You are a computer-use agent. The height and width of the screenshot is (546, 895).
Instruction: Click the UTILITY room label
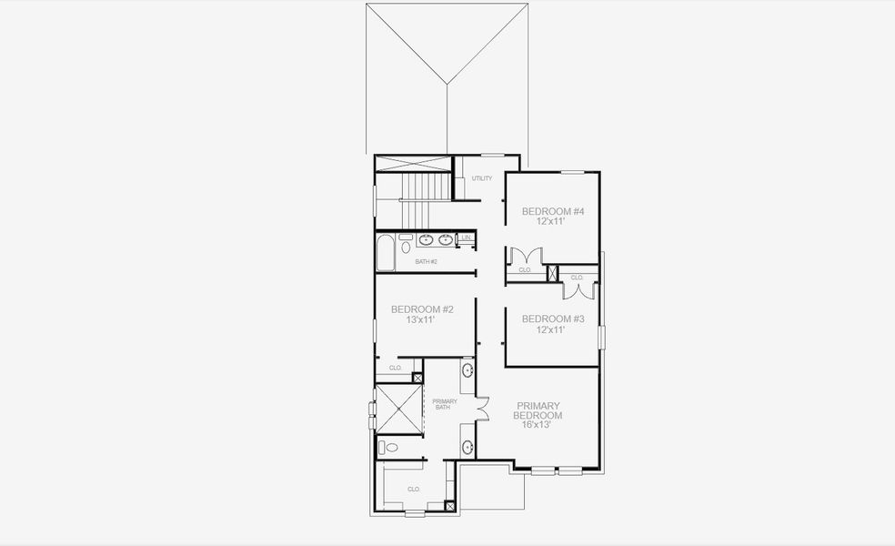(x=482, y=178)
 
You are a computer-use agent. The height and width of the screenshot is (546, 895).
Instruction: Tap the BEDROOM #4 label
(x=553, y=212)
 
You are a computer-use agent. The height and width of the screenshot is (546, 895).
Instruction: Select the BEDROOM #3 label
(x=553, y=318)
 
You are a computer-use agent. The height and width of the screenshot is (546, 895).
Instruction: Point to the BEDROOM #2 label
(x=422, y=309)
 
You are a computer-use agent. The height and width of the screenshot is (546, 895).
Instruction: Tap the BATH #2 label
(x=427, y=262)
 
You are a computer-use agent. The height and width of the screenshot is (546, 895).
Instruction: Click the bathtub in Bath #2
(x=386, y=253)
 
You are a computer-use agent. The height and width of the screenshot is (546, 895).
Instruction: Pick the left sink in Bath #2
(x=426, y=240)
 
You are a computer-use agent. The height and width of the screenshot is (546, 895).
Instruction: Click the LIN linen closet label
(x=466, y=238)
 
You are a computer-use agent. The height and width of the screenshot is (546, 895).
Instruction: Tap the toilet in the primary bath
(x=389, y=447)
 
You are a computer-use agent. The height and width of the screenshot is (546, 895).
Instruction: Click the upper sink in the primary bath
(x=468, y=370)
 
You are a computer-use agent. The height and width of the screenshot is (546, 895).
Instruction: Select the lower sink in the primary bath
(x=468, y=447)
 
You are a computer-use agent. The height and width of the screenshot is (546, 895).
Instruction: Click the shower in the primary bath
(x=398, y=409)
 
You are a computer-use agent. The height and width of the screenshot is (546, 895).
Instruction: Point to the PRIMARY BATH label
(x=444, y=404)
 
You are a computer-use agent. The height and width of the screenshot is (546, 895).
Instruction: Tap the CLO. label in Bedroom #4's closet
(x=525, y=270)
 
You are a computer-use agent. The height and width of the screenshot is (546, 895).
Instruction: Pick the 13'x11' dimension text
(x=422, y=320)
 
